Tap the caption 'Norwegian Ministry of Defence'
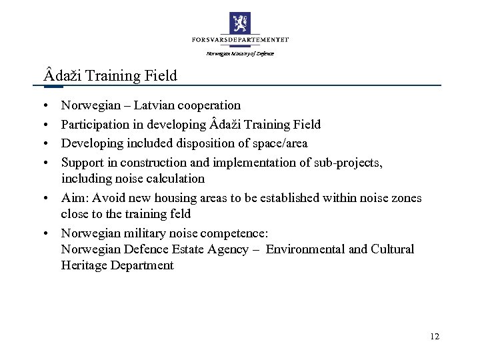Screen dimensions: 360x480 (x=240, y=53)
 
